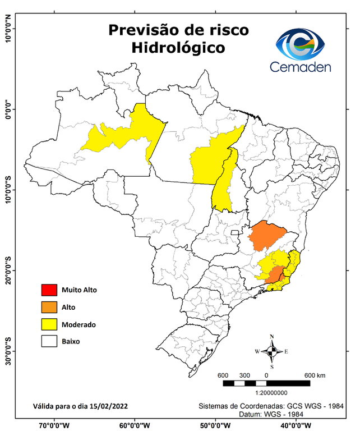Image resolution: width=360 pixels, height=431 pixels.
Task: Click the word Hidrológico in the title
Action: coord(178,48)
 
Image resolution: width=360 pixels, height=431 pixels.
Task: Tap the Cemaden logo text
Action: coord(301,67)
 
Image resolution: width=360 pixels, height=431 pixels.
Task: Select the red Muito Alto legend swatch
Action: coord(48,290)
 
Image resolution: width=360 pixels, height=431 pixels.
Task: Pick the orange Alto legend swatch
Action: coord(48,307)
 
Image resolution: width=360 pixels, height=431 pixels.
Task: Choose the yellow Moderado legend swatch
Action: coord(48,324)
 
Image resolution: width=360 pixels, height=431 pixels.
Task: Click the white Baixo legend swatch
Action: coord(48,340)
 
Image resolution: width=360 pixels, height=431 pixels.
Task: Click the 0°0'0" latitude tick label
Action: coord(8,109)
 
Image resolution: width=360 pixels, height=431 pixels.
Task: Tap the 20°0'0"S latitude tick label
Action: coord(8,270)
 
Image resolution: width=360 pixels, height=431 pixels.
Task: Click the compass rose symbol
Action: coord(271,351)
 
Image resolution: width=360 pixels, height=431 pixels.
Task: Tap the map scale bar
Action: coord(266,383)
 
